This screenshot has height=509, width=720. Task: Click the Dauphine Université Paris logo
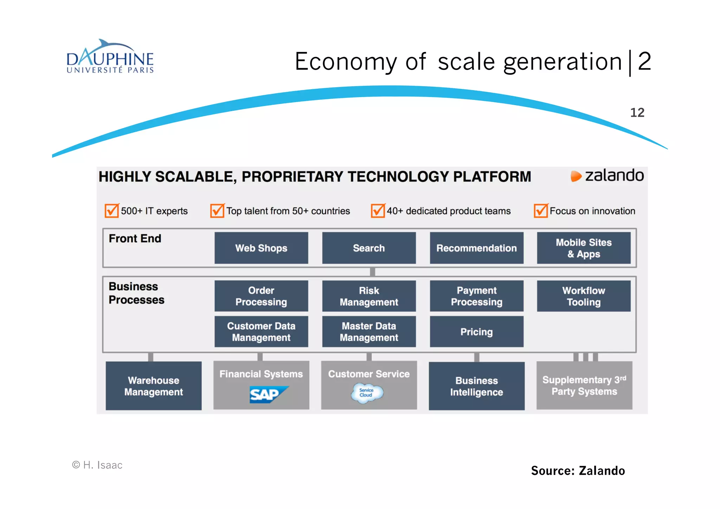tap(110, 57)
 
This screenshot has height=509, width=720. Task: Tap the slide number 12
tap(637, 113)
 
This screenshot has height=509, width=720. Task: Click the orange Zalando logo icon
tap(576, 176)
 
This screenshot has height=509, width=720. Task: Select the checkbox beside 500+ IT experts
tap(112, 211)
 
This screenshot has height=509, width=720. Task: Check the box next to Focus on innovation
tap(541, 211)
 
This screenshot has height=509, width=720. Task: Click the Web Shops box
tap(261, 248)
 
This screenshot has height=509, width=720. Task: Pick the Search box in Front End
tap(369, 248)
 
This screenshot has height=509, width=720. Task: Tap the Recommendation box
tap(476, 248)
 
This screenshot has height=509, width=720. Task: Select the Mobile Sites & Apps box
tap(584, 248)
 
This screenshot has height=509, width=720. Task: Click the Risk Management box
tap(369, 296)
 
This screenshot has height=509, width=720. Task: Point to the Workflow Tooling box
tap(584, 296)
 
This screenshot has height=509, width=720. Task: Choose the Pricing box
tap(476, 332)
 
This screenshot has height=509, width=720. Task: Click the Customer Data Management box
tap(261, 332)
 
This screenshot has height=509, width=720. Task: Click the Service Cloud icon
tap(367, 393)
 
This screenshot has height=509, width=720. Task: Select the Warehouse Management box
tap(154, 386)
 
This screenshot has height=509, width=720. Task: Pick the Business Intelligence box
tap(476, 386)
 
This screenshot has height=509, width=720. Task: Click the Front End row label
tap(135, 238)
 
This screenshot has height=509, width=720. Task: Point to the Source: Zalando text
tap(578, 471)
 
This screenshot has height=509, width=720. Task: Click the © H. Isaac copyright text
tap(97, 465)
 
